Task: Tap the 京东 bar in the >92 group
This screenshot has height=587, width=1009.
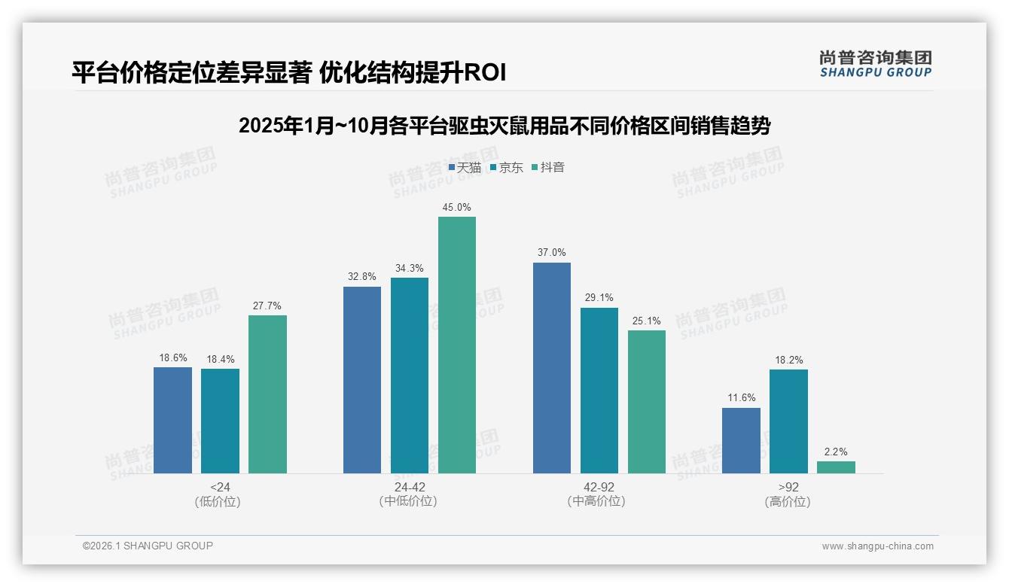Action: click(788, 421)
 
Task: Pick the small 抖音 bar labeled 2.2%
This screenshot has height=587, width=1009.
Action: click(836, 467)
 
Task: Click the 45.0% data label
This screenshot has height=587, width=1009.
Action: click(457, 208)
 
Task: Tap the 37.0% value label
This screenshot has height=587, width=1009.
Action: click(552, 253)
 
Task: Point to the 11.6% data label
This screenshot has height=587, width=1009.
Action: click(741, 398)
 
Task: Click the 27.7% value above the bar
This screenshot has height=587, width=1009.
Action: click(267, 306)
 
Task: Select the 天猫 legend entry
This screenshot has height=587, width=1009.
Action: click(465, 167)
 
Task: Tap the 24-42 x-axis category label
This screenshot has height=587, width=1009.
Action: click(409, 487)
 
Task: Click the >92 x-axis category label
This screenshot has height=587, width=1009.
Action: click(788, 487)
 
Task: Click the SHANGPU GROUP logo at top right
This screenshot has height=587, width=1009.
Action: click(875, 64)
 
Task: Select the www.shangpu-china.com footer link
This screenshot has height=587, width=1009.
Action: click(877, 546)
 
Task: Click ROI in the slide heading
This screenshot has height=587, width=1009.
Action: click(485, 73)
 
